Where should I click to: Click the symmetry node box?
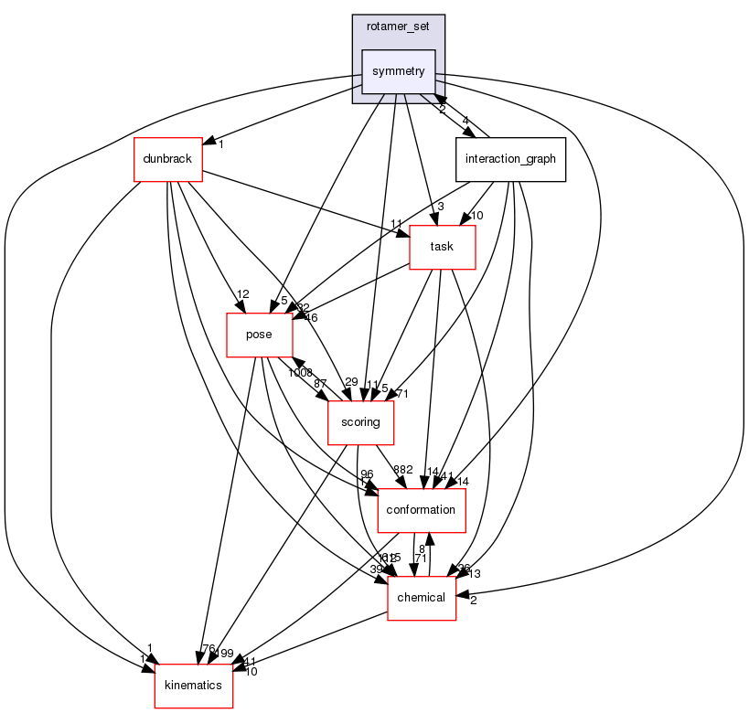click(x=398, y=71)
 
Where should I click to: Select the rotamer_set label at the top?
click(x=398, y=27)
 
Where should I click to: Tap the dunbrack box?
click(x=167, y=159)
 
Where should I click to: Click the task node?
click(x=442, y=247)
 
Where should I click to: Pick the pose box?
click(x=259, y=335)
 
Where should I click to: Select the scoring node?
click(x=360, y=422)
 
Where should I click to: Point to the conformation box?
click(x=421, y=510)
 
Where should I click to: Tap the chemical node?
click(x=422, y=598)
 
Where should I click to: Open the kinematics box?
click(x=193, y=686)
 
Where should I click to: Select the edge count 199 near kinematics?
click(x=225, y=654)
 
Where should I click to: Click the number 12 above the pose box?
click(x=243, y=294)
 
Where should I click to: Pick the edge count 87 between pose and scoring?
click(x=321, y=384)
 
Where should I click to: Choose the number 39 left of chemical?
click(x=377, y=569)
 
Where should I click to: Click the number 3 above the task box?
click(x=440, y=207)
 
